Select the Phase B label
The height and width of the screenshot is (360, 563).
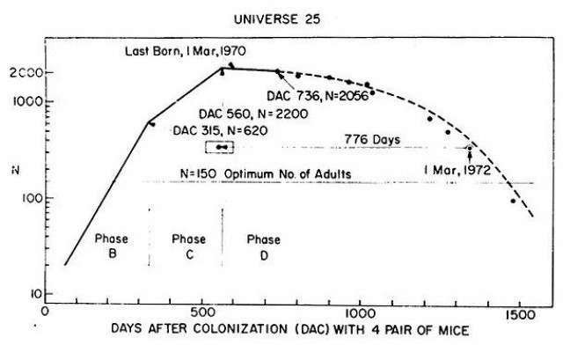click(x=106, y=246)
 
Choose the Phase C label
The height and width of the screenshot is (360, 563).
click(x=188, y=246)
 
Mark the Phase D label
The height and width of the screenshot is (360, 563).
click(x=263, y=246)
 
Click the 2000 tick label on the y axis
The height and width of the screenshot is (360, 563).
click(x=25, y=73)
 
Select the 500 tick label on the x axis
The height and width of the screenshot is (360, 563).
click(x=201, y=310)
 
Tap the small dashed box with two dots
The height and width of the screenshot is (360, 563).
click(x=224, y=147)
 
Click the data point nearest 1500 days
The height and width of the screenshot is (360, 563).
click(x=513, y=201)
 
